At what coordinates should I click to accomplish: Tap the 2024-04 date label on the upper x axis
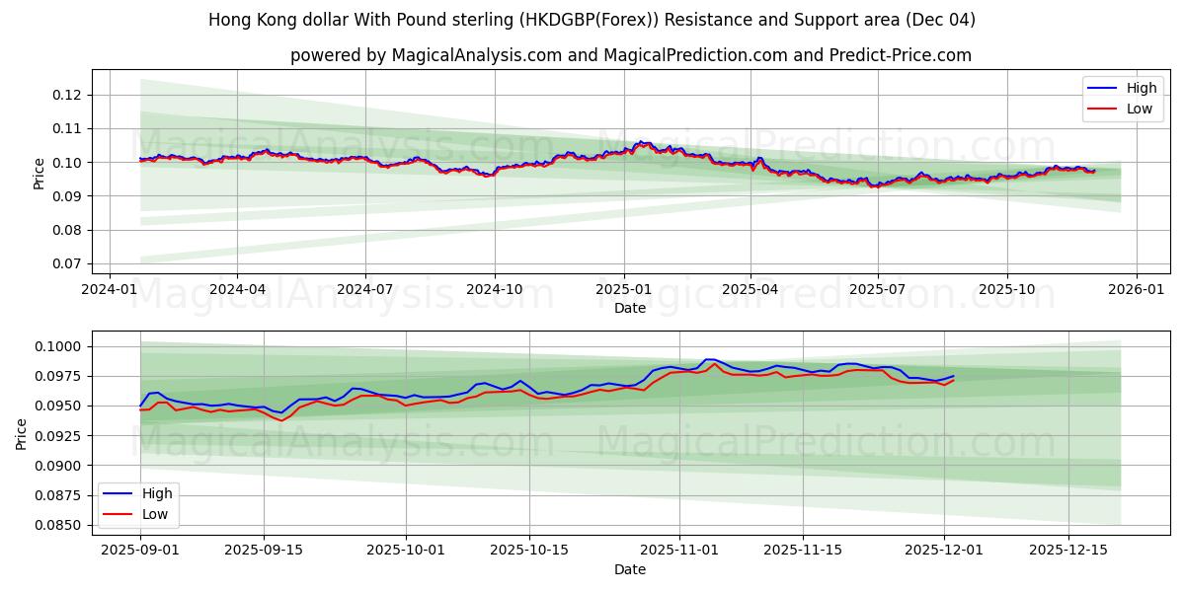[237, 290]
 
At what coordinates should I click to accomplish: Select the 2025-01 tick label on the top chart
[623, 290]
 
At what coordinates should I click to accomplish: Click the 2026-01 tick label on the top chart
[1136, 290]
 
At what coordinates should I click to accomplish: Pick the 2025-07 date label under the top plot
[878, 290]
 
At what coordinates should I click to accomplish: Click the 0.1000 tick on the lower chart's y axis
[58, 346]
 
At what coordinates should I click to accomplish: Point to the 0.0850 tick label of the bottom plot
[58, 525]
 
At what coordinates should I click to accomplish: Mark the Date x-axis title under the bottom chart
[630, 569]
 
